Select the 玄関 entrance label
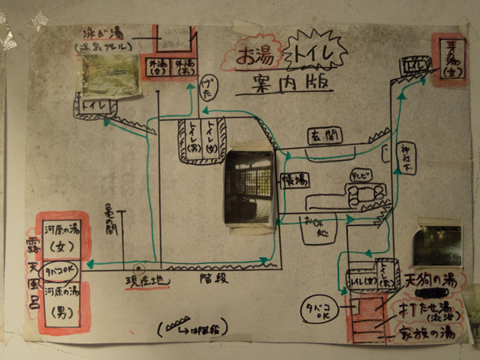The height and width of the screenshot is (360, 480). (x=324, y=137)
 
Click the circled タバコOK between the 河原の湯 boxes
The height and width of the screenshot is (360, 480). (x=63, y=270)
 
